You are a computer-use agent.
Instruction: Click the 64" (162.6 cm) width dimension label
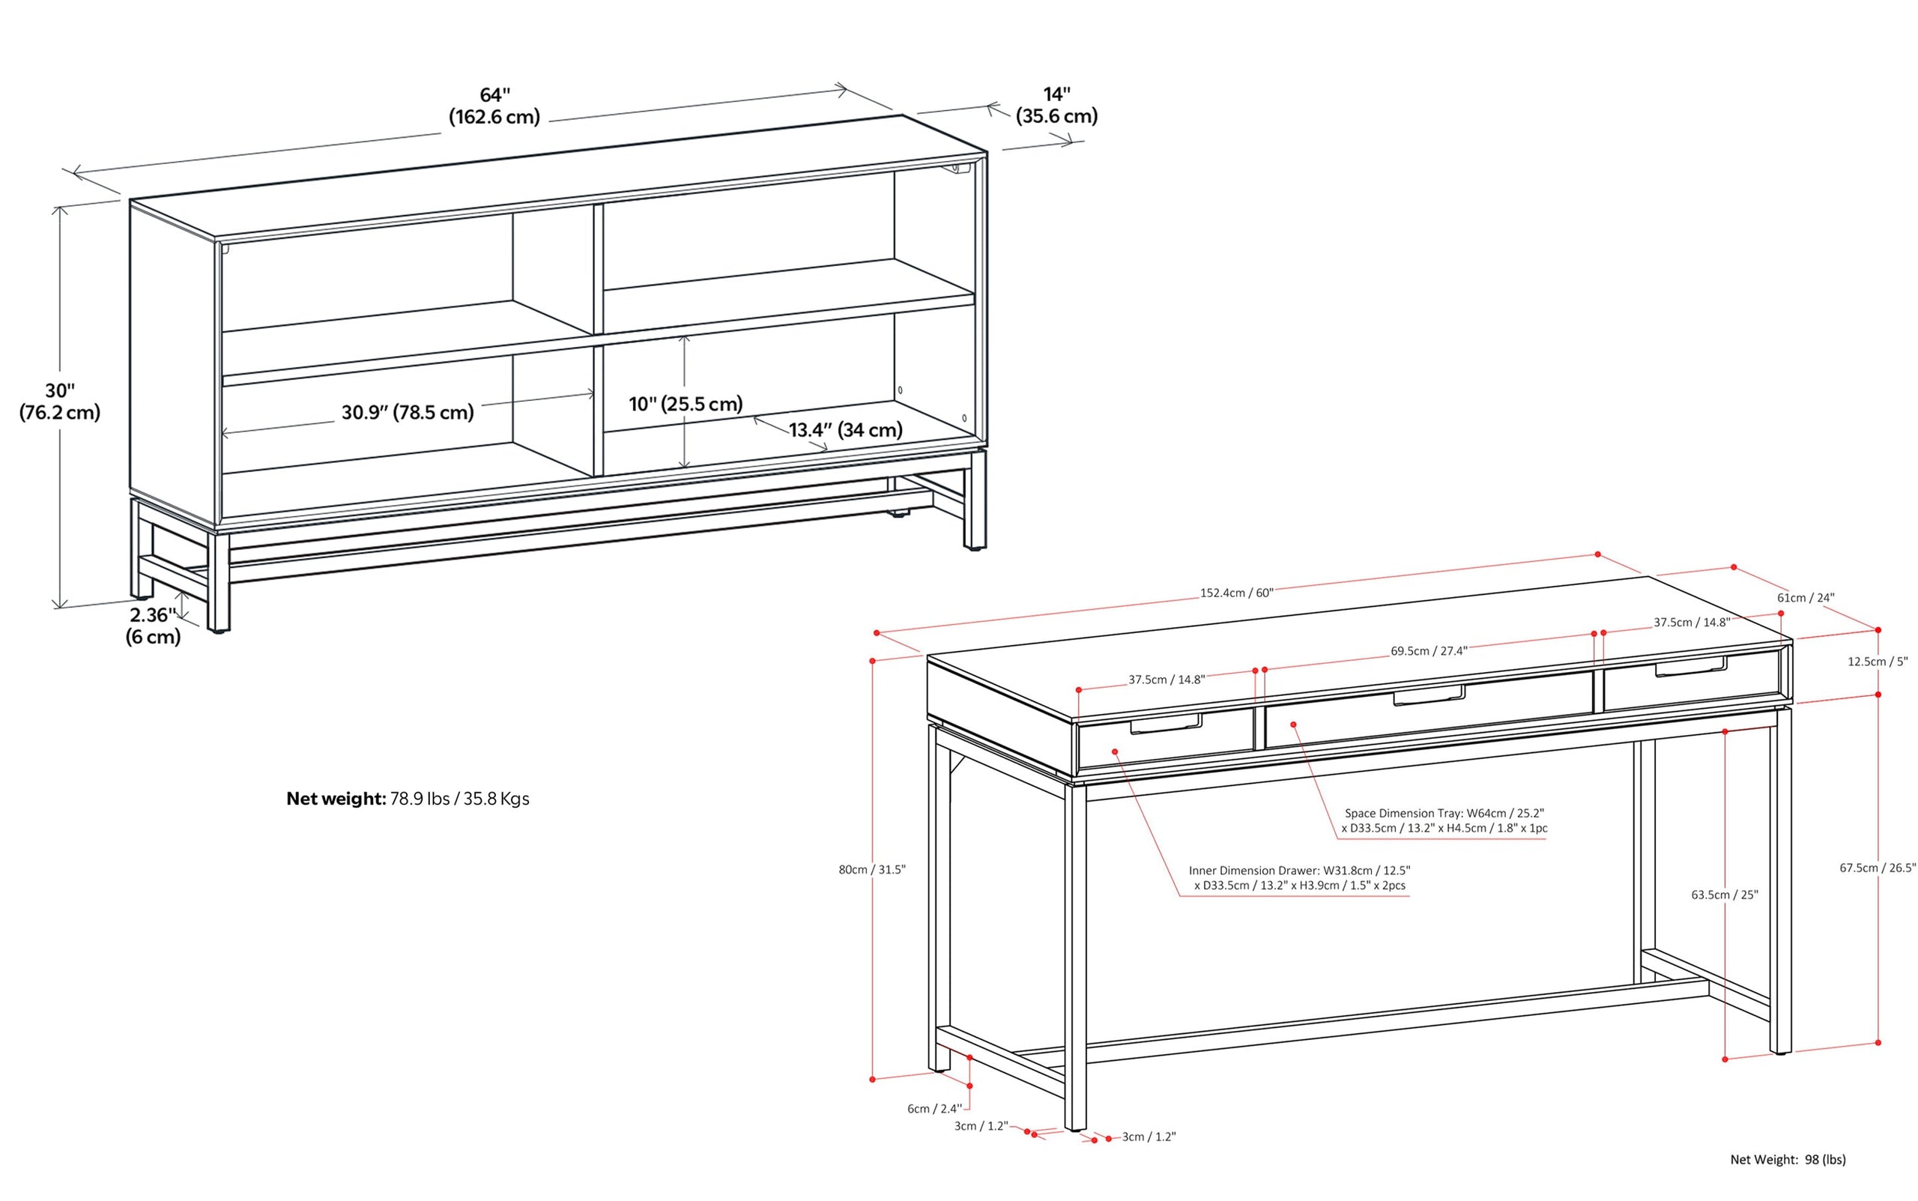pos(494,106)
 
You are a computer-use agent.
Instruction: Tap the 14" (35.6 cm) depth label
pos(1056,106)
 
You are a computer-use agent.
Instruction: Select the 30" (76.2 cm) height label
pos(60,401)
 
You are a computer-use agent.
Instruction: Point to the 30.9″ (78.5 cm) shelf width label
pos(408,412)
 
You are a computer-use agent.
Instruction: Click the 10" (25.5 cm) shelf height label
pos(686,404)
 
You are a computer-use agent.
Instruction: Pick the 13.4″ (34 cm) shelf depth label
pos(845,430)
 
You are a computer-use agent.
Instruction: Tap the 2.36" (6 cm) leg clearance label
pos(153,625)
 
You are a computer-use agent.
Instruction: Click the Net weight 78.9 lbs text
pos(408,798)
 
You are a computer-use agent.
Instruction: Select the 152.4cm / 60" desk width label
pos(1235,593)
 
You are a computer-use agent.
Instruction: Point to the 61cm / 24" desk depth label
pos(1805,597)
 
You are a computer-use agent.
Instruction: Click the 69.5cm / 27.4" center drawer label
pos(1428,650)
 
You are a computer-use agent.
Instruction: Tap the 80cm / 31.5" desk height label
pos(871,869)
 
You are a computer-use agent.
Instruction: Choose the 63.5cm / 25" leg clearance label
pos(1724,895)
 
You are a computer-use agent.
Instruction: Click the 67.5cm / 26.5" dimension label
pos(1877,868)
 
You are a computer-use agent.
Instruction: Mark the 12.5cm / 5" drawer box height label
pos(1877,661)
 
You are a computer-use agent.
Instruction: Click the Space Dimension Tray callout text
pos(1444,820)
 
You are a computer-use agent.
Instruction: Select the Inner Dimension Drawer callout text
pos(1299,878)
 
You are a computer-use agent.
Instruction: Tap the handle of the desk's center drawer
pos(1429,697)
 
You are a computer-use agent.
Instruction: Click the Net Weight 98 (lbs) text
pos(1788,1160)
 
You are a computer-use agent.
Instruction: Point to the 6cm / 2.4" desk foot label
pos(934,1108)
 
